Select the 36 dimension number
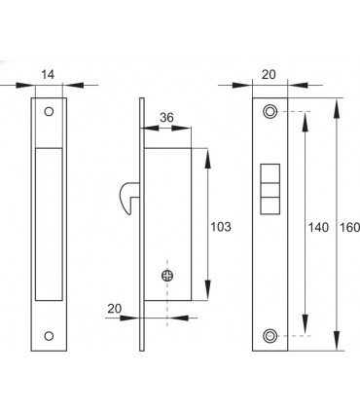(x=165, y=119)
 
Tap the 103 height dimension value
(x=221, y=228)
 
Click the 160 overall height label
(x=350, y=228)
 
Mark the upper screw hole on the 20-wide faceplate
(x=270, y=112)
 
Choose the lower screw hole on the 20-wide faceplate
(x=270, y=336)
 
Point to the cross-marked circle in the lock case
(x=167, y=276)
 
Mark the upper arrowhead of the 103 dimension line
(x=207, y=153)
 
